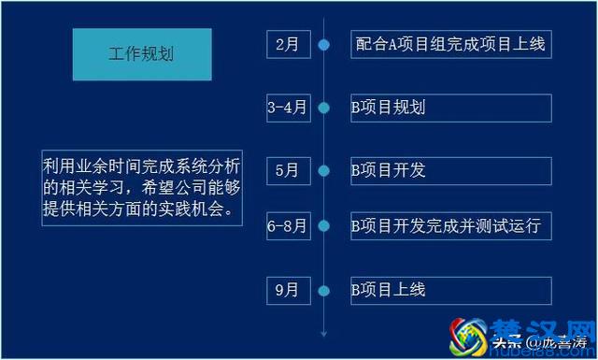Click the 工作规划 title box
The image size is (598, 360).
coord(142,54)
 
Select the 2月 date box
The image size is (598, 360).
coord(287,44)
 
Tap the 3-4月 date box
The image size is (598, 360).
coord(287,108)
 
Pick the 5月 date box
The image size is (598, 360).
coord(287,170)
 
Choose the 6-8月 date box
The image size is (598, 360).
coord(287,225)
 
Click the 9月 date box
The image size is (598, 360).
coord(287,290)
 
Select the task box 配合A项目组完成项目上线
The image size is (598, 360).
coord(451,44)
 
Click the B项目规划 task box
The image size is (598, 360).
coord(451,108)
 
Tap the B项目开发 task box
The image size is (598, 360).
coord(451,170)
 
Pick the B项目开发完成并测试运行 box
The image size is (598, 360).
coord(451,225)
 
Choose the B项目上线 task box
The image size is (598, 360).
coord(451,290)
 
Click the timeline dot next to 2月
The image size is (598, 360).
coord(324,44)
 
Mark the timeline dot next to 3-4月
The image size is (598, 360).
coord(324,108)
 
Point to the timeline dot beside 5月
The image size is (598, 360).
coord(324,170)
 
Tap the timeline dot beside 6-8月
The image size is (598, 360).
coord(324,225)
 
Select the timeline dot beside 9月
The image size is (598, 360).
coord(324,290)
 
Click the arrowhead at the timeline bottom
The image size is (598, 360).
coord(324,332)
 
